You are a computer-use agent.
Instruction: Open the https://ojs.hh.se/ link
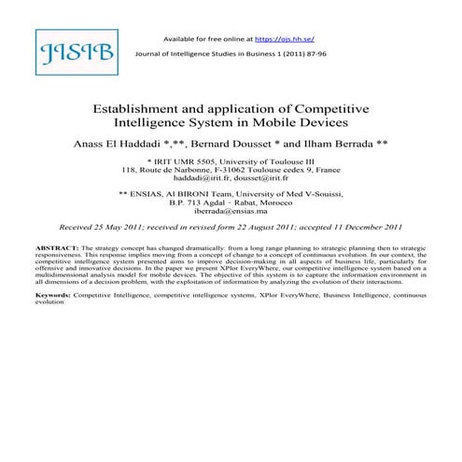[x=284, y=39]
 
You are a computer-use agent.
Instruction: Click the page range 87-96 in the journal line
[x=327, y=55]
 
